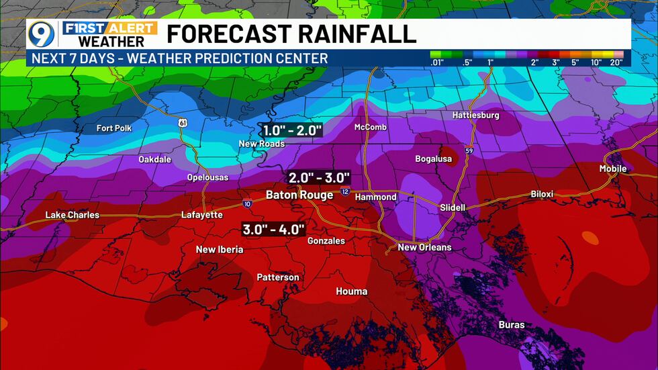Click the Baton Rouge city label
tap(299, 195)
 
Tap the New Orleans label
tap(424, 247)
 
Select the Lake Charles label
tap(73, 215)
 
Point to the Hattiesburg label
tap(475, 115)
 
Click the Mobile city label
tap(613, 169)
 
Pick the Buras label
tap(512, 325)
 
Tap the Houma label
tap(352, 291)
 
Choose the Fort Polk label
tap(114, 128)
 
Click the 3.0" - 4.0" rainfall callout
tap(274, 229)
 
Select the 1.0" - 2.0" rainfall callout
tap(291, 130)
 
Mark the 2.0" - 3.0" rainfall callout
tap(320, 178)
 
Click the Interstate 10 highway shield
tap(247, 202)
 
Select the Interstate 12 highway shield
tap(344, 192)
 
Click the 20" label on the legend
tap(616, 62)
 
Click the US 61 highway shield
tap(183, 123)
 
